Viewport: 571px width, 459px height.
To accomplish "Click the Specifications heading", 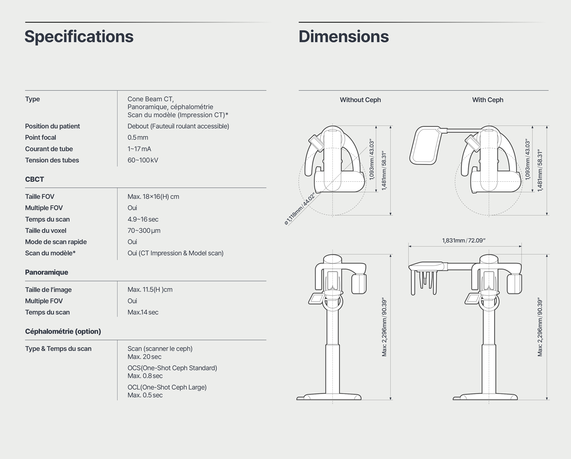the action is tap(79, 37).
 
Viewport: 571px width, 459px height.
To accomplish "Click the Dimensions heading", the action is tap(344, 36).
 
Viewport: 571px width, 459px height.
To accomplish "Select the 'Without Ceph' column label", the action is tap(360, 100).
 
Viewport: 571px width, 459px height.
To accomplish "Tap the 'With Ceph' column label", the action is tap(488, 100).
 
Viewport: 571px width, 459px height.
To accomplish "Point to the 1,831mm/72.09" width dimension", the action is tap(463, 241).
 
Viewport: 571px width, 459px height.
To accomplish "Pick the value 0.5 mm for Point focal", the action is tap(138, 138).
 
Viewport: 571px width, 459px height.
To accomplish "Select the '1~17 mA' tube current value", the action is tap(139, 149).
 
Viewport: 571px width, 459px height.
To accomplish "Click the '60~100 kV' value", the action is tap(143, 160).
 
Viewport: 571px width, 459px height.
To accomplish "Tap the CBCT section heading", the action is tap(35, 180).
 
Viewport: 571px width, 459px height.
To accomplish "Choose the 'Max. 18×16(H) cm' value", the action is tap(153, 197).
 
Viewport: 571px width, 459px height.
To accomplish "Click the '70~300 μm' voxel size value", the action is tap(144, 231).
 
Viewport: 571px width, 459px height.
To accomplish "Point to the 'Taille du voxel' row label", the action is tap(46, 231).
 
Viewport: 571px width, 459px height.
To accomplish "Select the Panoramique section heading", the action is tap(46, 272).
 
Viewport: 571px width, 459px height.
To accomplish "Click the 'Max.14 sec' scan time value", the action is tap(143, 312).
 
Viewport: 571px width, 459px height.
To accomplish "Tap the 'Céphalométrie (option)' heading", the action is tap(63, 332).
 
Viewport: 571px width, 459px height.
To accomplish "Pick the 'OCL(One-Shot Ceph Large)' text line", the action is tap(167, 387).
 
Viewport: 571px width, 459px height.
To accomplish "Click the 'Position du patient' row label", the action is tap(52, 126).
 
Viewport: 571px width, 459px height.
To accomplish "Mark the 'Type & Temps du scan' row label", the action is tap(58, 349).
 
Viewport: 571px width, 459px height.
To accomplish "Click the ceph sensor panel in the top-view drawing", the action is tap(425, 145).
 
